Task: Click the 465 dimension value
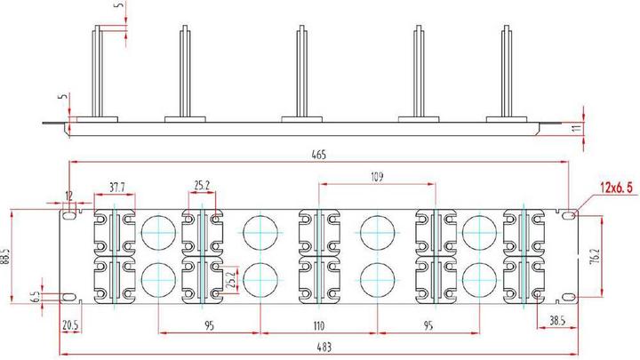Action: [319, 155]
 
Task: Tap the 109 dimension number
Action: [377, 178]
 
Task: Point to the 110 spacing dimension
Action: [317, 326]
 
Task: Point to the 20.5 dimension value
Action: [70, 326]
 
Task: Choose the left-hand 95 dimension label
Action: [210, 326]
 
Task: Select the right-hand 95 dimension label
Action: [428, 326]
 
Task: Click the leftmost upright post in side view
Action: [96, 71]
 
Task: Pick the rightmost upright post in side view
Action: [508, 71]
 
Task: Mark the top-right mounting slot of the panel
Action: [567, 215]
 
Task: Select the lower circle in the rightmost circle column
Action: [478, 279]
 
